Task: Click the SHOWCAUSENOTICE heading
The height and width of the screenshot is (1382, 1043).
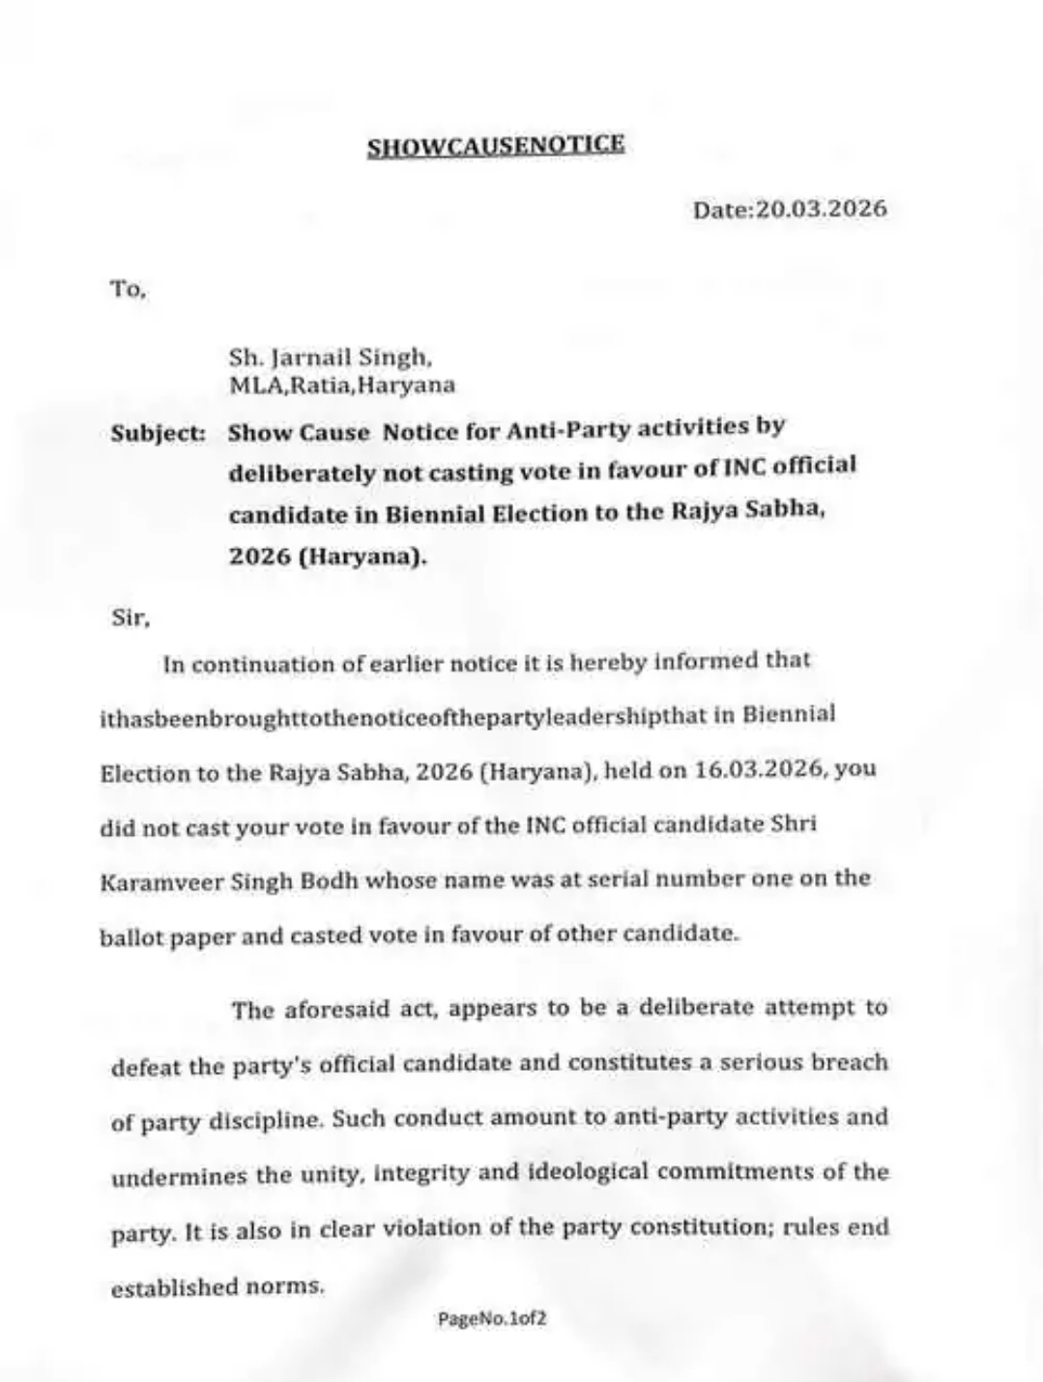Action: coord(496,146)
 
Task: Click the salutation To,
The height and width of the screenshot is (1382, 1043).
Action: coord(128,289)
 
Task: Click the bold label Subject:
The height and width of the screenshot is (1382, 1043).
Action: coord(159,433)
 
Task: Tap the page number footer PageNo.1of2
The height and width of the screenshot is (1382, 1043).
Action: coord(492,1318)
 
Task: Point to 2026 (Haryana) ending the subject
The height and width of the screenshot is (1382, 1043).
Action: coord(328,558)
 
